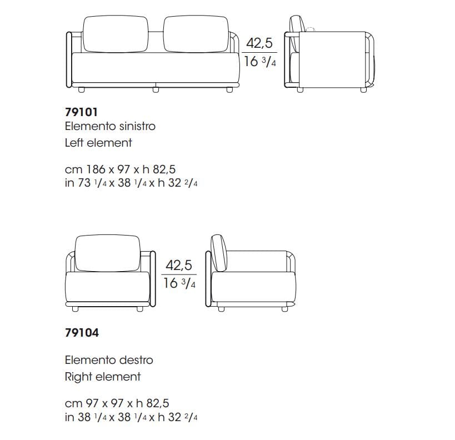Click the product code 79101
coord(81,112)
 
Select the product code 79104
coord(82,333)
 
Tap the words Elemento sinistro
coord(110,126)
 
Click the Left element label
coord(98,143)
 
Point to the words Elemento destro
coord(109,360)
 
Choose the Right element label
coord(103,377)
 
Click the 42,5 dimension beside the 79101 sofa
coord(259,43)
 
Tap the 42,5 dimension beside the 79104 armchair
coord(179,265)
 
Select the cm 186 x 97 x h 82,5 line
coord(120,169)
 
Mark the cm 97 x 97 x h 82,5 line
coord(117,403)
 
